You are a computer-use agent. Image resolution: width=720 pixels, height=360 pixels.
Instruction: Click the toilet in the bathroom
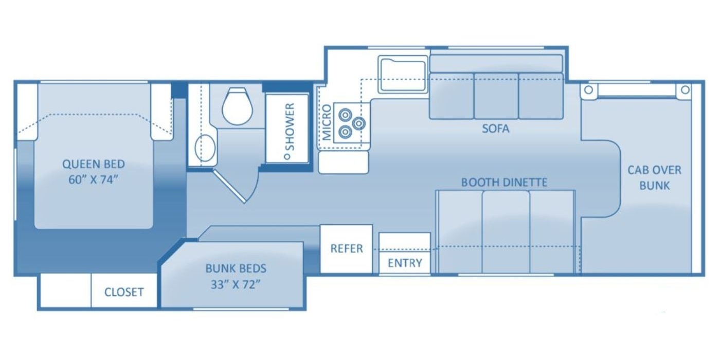coord(238,106)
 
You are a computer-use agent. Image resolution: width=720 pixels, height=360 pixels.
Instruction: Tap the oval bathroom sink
coord(205,148)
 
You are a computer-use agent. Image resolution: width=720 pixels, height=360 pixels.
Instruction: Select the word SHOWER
coord(290,127)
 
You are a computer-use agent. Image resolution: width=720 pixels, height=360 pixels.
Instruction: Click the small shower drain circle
coord(287,156)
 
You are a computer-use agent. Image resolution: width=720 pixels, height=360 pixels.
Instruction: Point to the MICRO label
coord(327,122)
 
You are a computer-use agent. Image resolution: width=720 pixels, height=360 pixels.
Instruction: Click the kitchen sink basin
coord(403,75)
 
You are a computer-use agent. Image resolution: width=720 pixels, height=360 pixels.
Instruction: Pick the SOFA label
coord(496,129)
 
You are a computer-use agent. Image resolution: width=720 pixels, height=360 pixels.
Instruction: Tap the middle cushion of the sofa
coord(496,96)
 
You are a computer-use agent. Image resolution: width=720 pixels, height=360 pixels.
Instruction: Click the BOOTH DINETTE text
coord(505,183)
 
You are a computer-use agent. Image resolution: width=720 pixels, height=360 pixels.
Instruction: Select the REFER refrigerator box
coord(347,249)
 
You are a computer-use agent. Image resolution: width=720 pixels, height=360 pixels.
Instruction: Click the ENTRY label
coord(405,263)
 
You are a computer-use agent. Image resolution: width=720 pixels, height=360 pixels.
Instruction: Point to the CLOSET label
coord(124,292)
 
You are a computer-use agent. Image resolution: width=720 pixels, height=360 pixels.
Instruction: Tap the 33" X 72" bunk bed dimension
coord(236,284)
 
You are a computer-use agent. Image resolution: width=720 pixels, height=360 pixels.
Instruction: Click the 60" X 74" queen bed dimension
coord(92,180)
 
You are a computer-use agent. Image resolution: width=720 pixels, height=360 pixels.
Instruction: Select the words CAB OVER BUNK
coord(654,178)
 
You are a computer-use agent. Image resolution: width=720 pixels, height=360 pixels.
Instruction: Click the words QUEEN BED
coord(94,164)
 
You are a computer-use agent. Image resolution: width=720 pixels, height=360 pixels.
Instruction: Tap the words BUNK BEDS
coord(236,268)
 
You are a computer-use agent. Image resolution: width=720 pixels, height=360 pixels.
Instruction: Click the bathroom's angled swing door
coord(229,187)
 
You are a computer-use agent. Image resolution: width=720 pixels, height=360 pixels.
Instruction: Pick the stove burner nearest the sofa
coord(359,123)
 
